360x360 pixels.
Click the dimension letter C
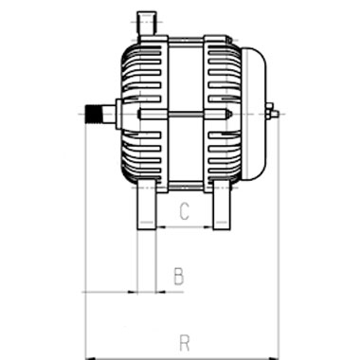184,211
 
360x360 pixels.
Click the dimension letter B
179,276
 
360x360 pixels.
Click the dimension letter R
185,343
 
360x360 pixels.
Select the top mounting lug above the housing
146,24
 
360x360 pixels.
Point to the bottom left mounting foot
146,205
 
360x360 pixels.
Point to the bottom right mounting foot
222,205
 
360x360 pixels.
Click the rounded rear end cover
254,114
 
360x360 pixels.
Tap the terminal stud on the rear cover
272,114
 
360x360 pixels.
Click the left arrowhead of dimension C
161,226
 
